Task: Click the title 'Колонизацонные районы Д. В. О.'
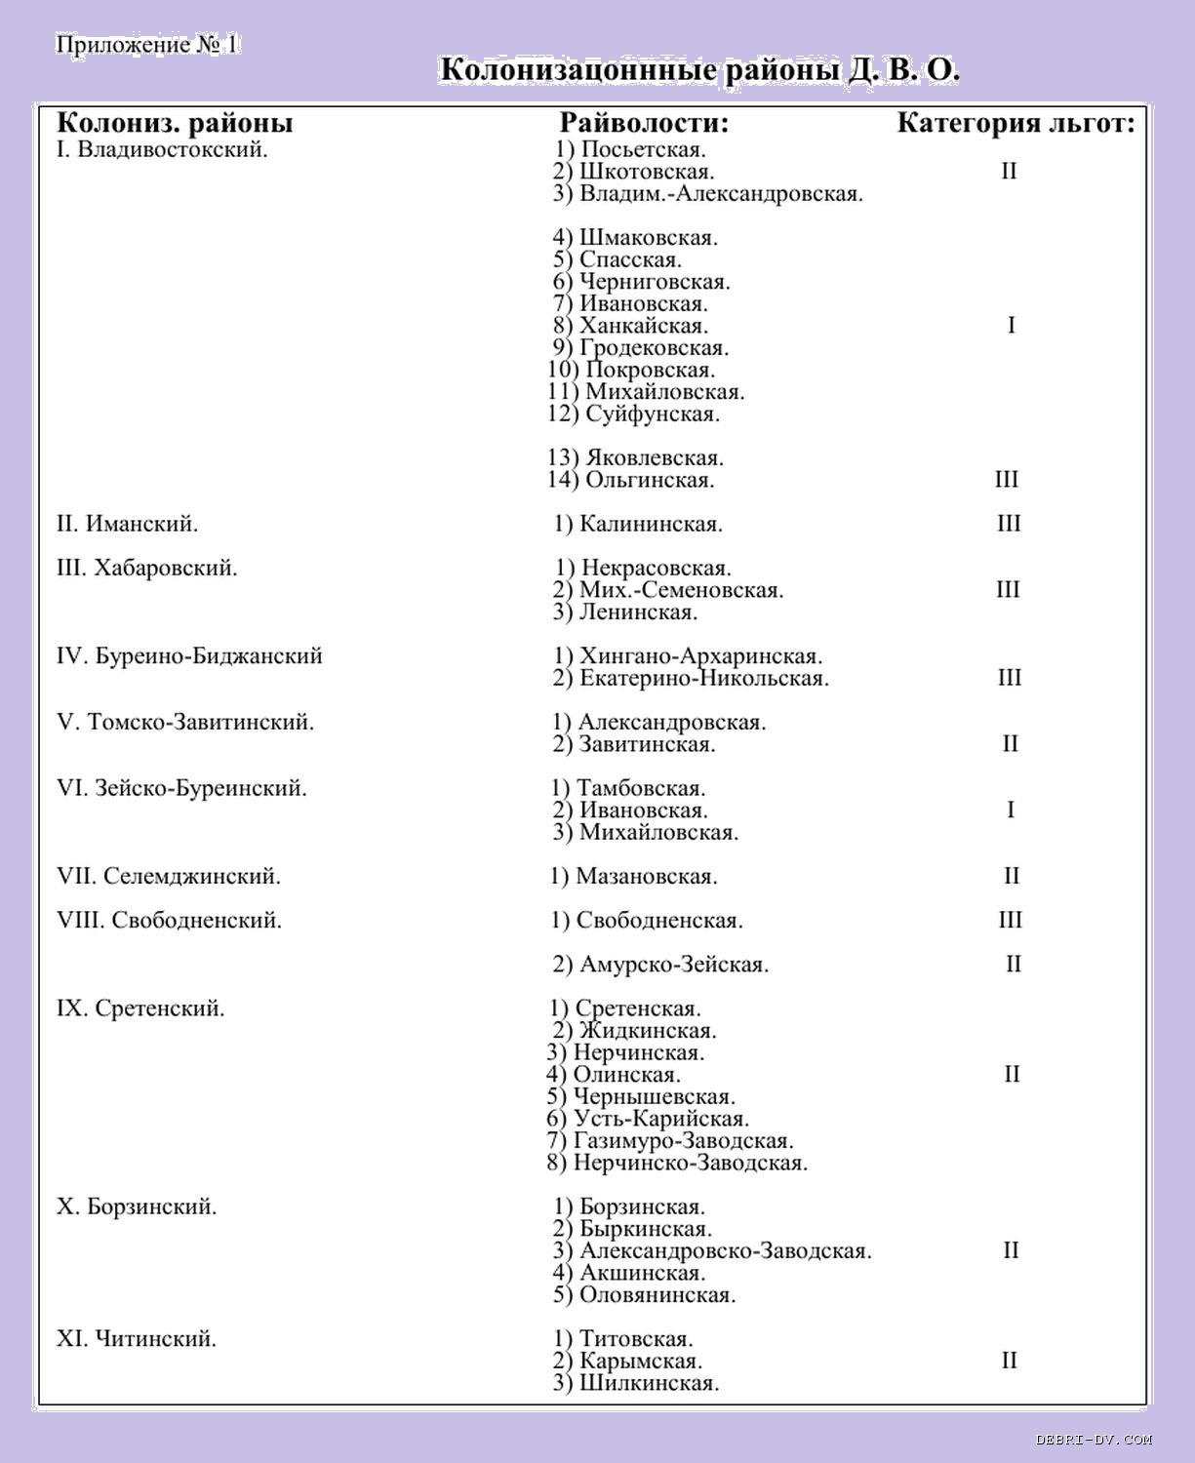click(699, 71)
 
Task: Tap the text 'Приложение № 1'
click(147, 45)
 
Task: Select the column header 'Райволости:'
click(644, 123)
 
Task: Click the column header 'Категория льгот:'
click(1016, 123)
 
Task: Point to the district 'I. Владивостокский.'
click(162, 150)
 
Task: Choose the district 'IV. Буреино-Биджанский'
click(189, 655)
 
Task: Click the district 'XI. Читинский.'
click(137, 1338)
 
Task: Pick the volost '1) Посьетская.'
click(630, 149)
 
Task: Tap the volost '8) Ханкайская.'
click(630, 326)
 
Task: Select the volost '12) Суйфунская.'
click(634, 414)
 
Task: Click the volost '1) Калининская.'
click(638, 524)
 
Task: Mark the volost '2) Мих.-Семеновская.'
click(668, 590)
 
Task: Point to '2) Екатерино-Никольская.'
click(691, 678)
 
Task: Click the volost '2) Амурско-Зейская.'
click(660, 965)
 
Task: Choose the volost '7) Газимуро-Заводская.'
click(670, 1140)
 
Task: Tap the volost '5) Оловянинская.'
click(644, 1295)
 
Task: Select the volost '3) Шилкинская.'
click(636, 1383)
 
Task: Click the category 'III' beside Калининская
click(1009, 524)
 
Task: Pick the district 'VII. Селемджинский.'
click(169, 876)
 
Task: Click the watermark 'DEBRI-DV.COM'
click(1094, 1439)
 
